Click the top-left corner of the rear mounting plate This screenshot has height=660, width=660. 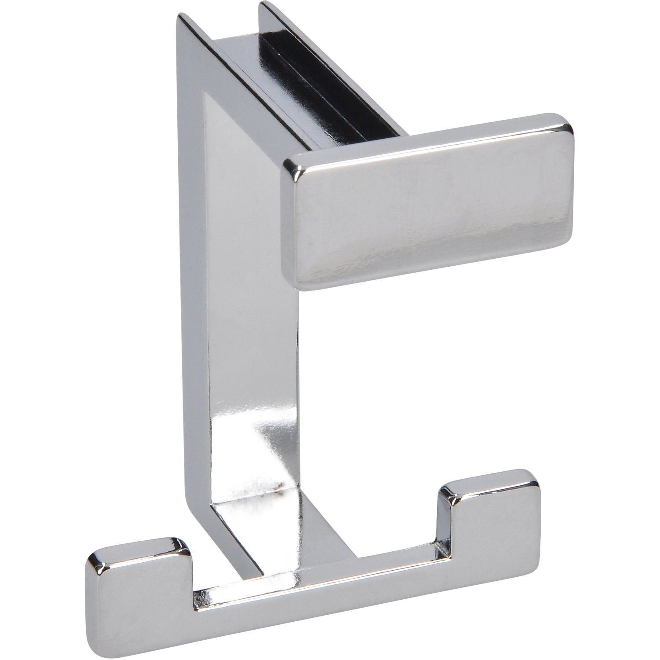click(180, 18)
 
